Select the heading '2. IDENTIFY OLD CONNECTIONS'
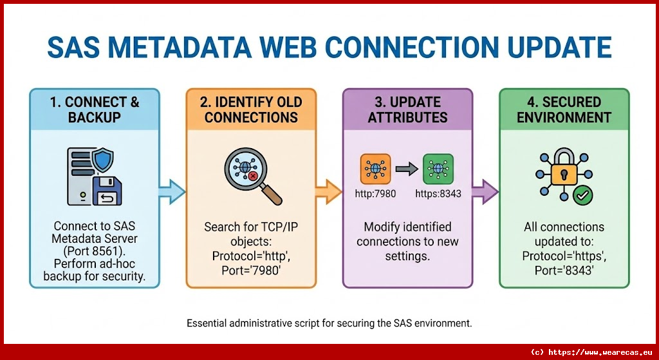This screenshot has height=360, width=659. click(x=252, y=109)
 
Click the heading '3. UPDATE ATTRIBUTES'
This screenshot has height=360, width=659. click(x=408, y=109)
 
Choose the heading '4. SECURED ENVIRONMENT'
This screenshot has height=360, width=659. click(x=564, y=109)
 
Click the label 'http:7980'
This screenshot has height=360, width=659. click(x=375, y=193)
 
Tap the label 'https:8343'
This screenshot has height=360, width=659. click(x=438, y=193)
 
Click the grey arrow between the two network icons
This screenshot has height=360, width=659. click(x=407, y=169)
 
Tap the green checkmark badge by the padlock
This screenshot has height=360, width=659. click(x=583, y=194)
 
